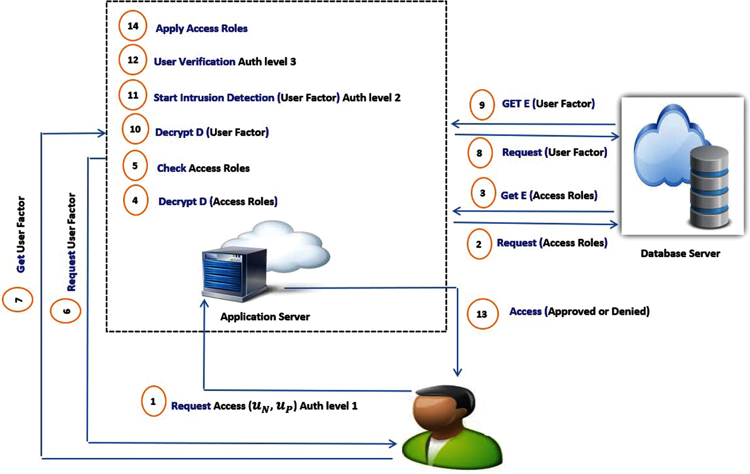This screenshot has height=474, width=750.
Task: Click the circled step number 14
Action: click(133, 26)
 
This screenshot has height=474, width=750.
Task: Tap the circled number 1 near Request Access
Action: click(153, 401)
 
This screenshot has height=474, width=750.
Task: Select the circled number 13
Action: click(482, 314)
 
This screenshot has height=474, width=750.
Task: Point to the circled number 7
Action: click(18, 299)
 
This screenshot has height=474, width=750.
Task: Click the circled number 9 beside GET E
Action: click(482, 105)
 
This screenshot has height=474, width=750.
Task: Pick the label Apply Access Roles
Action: click(202, 28)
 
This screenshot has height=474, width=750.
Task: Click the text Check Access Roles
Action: click(203, 168)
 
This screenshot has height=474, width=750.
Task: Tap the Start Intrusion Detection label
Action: click(214, 98)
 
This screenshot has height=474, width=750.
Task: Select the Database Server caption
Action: click(680, 253)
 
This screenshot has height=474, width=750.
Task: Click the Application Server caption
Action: click(265, 317)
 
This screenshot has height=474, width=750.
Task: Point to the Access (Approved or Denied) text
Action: click(580, 311)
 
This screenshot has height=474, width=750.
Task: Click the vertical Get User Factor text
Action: click(21, 235)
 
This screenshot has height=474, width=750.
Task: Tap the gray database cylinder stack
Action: click(710, 187)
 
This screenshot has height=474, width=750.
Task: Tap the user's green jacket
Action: click(452, 450)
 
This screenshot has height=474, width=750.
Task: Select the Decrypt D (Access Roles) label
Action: click(218, 201)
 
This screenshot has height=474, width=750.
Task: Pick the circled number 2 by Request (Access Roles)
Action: click(479, 244)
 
